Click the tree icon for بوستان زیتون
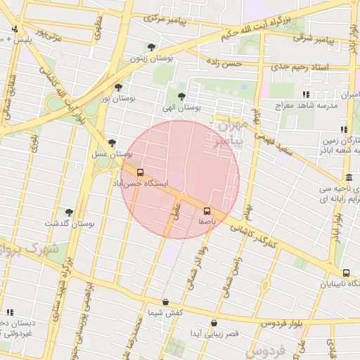[x=151, y=48]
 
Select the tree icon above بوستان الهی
[x=183, y=97]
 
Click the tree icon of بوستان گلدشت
[x=69, y=212]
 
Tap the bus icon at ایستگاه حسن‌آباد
[x=140, y=172]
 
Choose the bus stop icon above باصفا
[x=207, y=210]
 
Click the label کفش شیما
[x=165, y=311]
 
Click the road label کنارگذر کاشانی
[x=275, y=243]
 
